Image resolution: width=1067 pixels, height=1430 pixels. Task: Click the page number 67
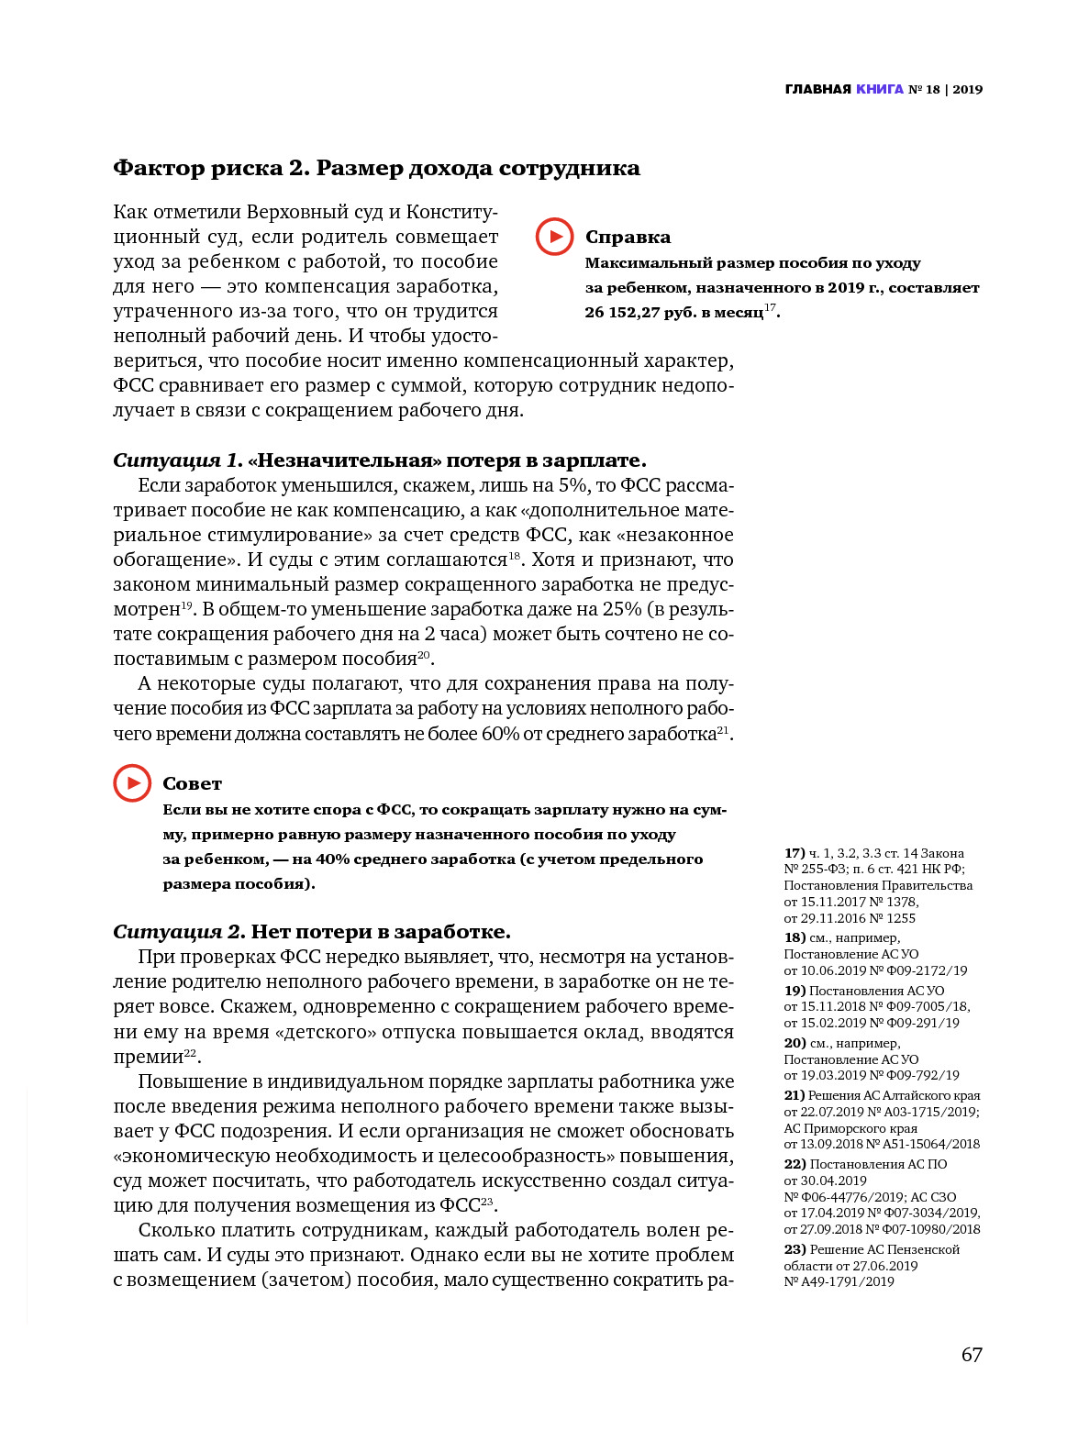pyautogui.click(x=972, y=1355)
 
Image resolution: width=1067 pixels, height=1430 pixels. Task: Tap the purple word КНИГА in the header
pyautogui.click(x=880, y=89)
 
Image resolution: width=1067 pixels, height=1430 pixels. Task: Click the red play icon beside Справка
pyautogui.click(x=554, y=237)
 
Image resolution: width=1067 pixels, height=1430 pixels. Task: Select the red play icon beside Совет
pyautogui.click(x=132, y=783)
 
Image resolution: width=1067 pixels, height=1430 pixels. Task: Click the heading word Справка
pyautogui.click(x=628, y=238)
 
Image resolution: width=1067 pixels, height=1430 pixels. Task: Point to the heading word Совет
pyautogui.click(x=192, y=784)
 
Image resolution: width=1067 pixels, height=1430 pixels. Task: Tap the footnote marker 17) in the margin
pyautogui.click(x=795, y=853)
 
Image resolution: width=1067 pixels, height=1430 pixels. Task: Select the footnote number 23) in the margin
pyautogui.click(x=795, y=1249)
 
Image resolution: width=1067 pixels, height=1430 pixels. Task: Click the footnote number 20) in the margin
pyautogui.click(x=795, y=1043)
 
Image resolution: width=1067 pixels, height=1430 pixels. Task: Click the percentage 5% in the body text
pyautogui.click(x=573, y=485)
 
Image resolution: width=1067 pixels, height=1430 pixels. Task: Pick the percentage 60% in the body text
pyautogui.click(x=501, y=734)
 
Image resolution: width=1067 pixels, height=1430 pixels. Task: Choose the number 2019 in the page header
pyautogui.click(x=967, y=89)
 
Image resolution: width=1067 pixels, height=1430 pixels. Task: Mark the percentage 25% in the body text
pyautogui.click(x=622, y=609)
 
